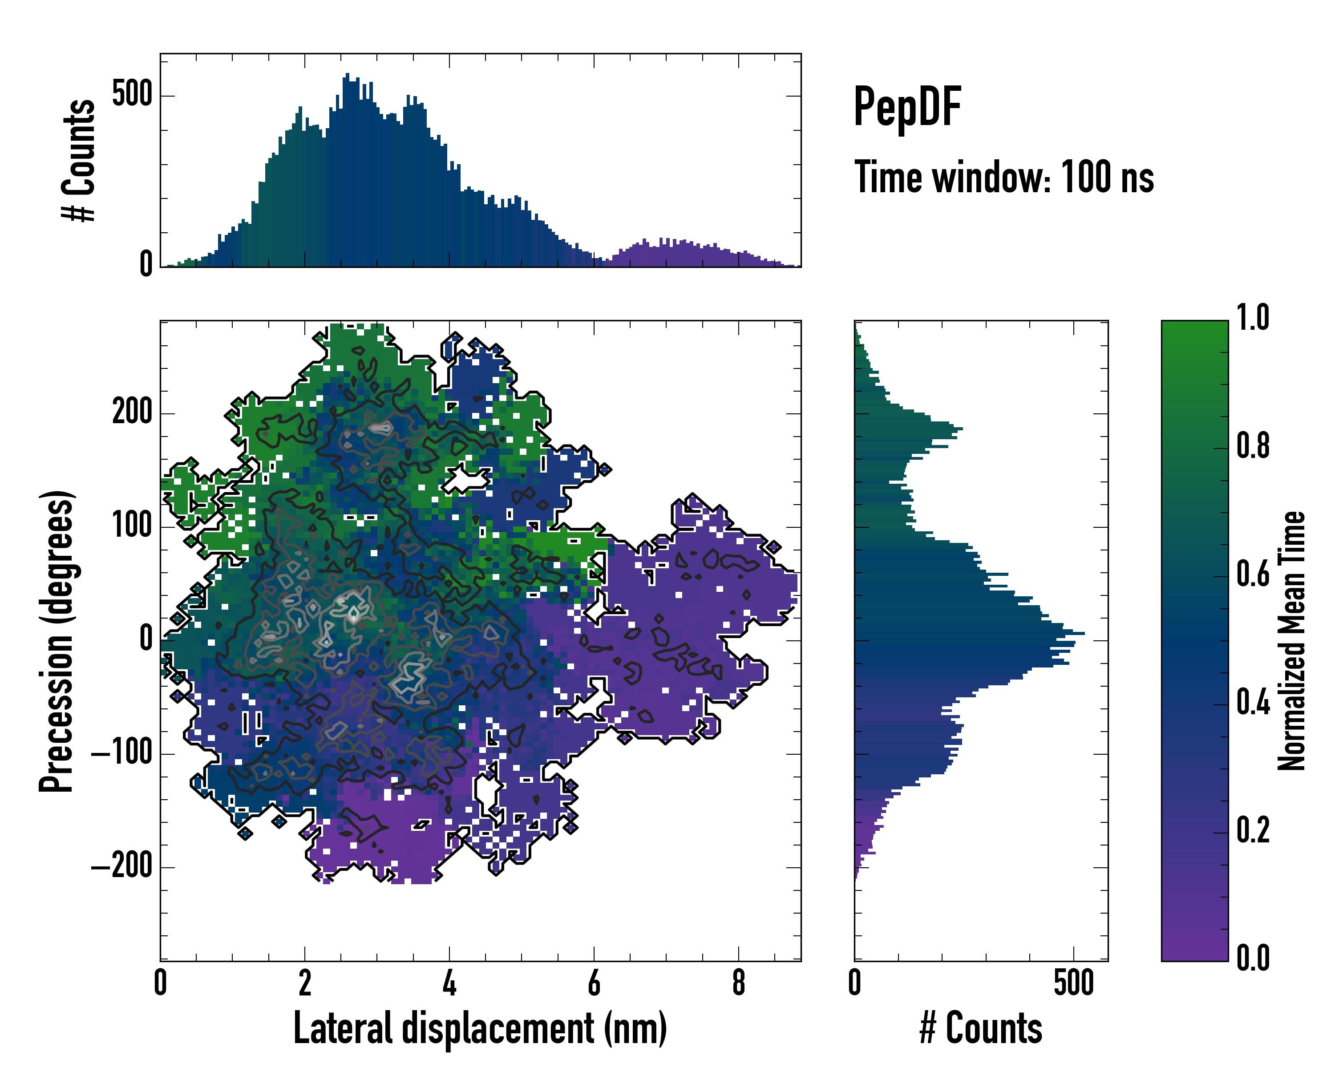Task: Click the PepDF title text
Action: coord(906,107)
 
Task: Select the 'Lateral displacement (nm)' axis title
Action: coord(480,1028)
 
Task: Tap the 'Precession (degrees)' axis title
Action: coord(57,641)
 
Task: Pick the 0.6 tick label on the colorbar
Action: coord(1253,574)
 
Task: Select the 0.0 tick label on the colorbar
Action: coord(1253,958)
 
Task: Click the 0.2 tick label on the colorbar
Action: coord(1253,830)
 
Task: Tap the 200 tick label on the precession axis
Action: coord(131,413)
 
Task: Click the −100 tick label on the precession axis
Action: coord(121,753)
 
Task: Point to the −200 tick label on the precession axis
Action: coord(121,867)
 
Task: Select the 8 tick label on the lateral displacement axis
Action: coord(738,983)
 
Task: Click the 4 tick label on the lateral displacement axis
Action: coord(449,983)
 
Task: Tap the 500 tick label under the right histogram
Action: coord(1073,983)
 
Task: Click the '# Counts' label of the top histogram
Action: coord(79,160)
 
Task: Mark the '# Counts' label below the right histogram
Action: coord(981,1028)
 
